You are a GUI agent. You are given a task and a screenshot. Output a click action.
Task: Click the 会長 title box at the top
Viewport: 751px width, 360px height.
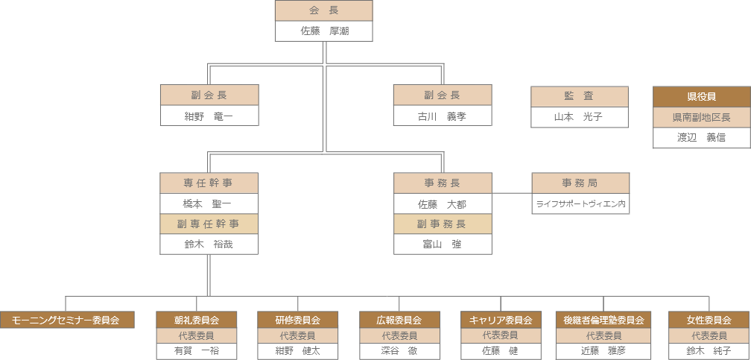pyautogui.click(x=323, y=10)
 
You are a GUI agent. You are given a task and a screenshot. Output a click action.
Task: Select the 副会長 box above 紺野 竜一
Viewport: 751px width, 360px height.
pyautogui.click(x=209, y=95)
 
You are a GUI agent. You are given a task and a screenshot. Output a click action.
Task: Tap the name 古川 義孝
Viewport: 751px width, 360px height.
pyautogui.click(x=442, y=116)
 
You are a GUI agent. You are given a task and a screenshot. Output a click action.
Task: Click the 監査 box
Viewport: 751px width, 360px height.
pyautogui.click(x=579, y=96)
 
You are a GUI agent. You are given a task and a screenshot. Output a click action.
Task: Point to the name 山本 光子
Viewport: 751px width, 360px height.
pyautogui.click(x=579, y=117)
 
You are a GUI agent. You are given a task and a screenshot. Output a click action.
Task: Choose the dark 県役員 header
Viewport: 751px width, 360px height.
pyautogui.click(x=700, y=97)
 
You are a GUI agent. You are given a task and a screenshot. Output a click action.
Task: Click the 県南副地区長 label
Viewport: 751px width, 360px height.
pyautogui.click(x=700, y=118)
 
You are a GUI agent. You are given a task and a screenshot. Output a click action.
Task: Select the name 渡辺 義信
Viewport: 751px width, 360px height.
pyautogui.click(x=700, y=138)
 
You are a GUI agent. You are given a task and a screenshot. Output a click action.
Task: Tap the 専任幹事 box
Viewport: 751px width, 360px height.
pyautogui.click(x=209, y=183)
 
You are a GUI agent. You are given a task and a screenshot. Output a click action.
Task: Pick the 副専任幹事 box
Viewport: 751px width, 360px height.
pyautogui.click(x=209, y=224)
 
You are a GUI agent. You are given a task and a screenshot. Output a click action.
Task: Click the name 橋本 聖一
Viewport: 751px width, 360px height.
pyautogui.click(x=209, y=203)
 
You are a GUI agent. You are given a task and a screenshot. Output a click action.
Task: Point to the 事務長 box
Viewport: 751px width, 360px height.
pyautogui.click(x=442, y=183)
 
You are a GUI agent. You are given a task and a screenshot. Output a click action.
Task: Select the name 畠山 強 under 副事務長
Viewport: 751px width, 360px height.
pyautogui.click(x=442, y=244)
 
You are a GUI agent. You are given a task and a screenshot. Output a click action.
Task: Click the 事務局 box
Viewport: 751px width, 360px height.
pyautogui.click(x=580, y=183)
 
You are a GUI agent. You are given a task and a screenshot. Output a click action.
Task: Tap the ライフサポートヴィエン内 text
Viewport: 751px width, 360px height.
pyautogui.click(x=580, y=203)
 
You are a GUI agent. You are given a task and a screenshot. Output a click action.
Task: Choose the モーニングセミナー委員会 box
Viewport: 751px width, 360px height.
pyautogui.click(x=66, y=320)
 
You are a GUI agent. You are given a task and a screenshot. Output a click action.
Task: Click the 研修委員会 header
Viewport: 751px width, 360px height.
pyautogui.click(x=298, y=320)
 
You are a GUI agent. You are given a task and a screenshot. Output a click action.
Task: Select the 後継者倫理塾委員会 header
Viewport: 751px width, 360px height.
pyautogui.click(x=603, y=320)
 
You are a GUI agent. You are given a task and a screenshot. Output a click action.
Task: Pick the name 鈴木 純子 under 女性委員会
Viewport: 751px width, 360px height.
pyautogui.click(x=709, y=350)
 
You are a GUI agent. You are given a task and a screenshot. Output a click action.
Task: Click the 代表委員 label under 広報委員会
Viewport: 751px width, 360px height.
pyautogui.click(x=399, y=335)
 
